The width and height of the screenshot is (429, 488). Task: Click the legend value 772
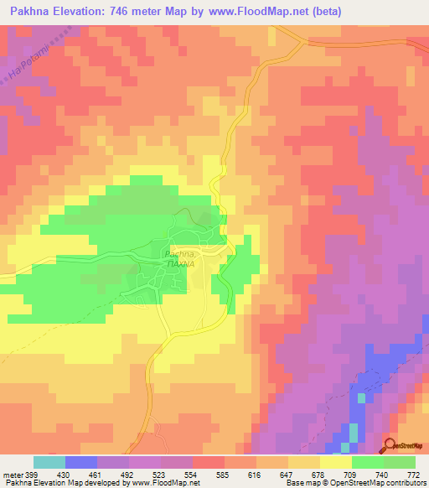(x=414, y=473)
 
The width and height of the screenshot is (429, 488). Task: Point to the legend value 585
(x=221, y=473)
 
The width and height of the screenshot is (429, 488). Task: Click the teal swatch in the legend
(x=49, y=462)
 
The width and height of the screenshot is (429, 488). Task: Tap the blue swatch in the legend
(x=81, y=462)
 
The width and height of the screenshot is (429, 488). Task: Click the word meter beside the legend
(x=9, y=473)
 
